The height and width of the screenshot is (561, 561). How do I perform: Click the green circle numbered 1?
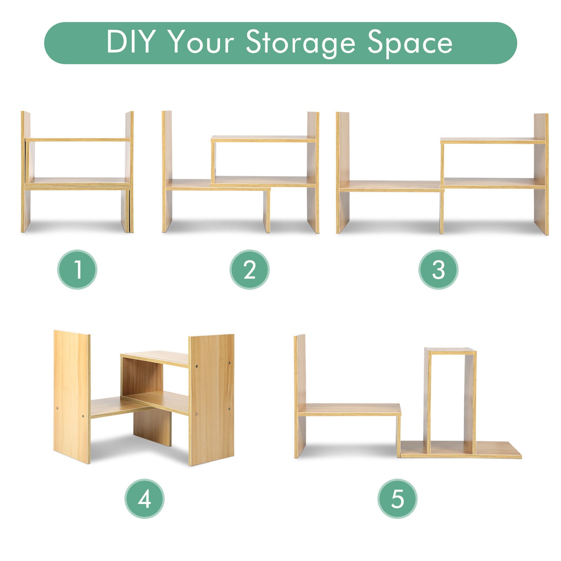click(x=77, y=269)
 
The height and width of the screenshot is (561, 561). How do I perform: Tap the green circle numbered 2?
click(x=249, y=269)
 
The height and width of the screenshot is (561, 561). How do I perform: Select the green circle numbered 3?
click(x=438, y=269)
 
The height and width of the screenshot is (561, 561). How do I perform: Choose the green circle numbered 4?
click(x=144, y=499)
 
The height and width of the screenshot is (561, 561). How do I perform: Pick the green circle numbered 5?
click(x=397, y=499)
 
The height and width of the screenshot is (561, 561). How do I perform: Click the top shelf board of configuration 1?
click(x=77, y=140)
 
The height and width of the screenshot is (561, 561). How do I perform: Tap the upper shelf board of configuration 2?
click(x=263, y=139)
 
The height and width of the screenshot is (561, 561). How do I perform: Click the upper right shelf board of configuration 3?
click(x=493, y=141)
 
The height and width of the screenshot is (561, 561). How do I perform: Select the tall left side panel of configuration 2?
click(x=167, y=171)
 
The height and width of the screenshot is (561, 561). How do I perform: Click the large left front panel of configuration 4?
click(x=72, y=397)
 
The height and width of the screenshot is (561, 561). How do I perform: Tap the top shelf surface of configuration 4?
click(x=155, y=358)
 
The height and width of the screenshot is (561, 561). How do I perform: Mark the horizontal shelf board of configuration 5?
click(x=349, y=410)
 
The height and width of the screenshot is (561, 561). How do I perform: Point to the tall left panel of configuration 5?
click(x=300, y=396)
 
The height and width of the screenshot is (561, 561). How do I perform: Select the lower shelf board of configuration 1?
click(x=77, y=184)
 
